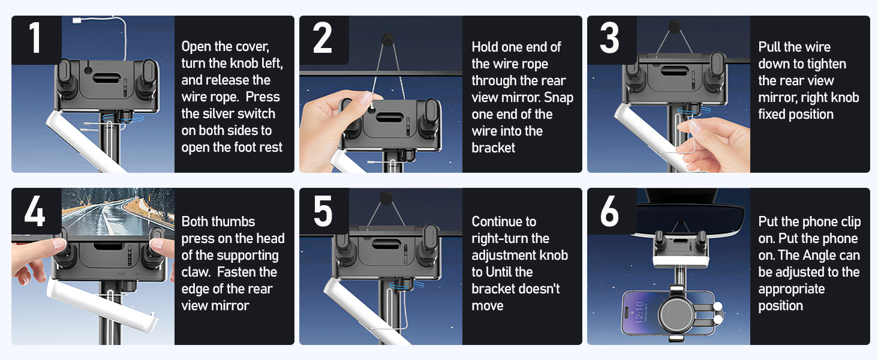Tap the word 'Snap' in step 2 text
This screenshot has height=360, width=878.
559,97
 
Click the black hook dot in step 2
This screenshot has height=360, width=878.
388,38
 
